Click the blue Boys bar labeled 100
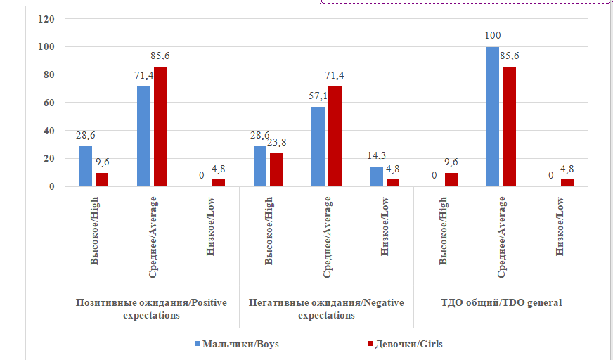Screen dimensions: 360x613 (493, 117)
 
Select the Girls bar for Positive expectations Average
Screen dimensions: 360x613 (160, 127)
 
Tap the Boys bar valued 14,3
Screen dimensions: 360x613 (377, 176)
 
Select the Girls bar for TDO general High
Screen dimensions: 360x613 (451, 180)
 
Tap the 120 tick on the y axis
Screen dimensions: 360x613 (46, 19)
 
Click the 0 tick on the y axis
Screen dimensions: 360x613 (52, 186)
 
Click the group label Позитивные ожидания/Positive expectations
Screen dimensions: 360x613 (152, 309)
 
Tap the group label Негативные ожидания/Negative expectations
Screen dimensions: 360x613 (326, 309)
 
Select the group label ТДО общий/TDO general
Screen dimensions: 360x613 (501, 303)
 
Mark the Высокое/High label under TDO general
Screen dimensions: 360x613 (443, 230)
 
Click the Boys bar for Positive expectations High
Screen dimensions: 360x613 (85, 166)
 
